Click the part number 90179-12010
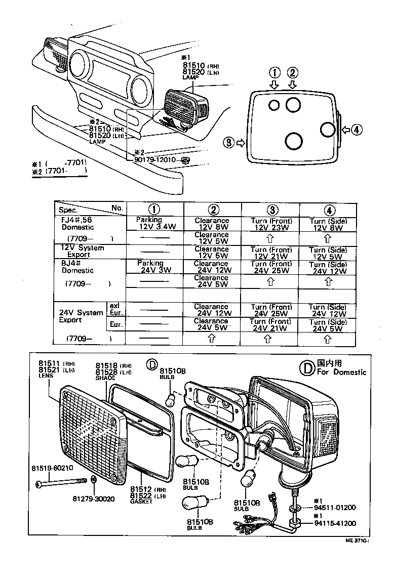154,160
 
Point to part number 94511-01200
335,507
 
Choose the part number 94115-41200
335,523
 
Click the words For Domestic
341,372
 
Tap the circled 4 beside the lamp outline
357,130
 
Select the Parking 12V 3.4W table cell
154,224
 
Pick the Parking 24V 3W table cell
154,267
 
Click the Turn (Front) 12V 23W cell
270,224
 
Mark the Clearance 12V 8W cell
212,224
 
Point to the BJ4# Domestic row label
76,267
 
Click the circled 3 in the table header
270,209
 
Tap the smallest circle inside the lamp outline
273,105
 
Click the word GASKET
141,502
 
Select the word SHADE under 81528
105,378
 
